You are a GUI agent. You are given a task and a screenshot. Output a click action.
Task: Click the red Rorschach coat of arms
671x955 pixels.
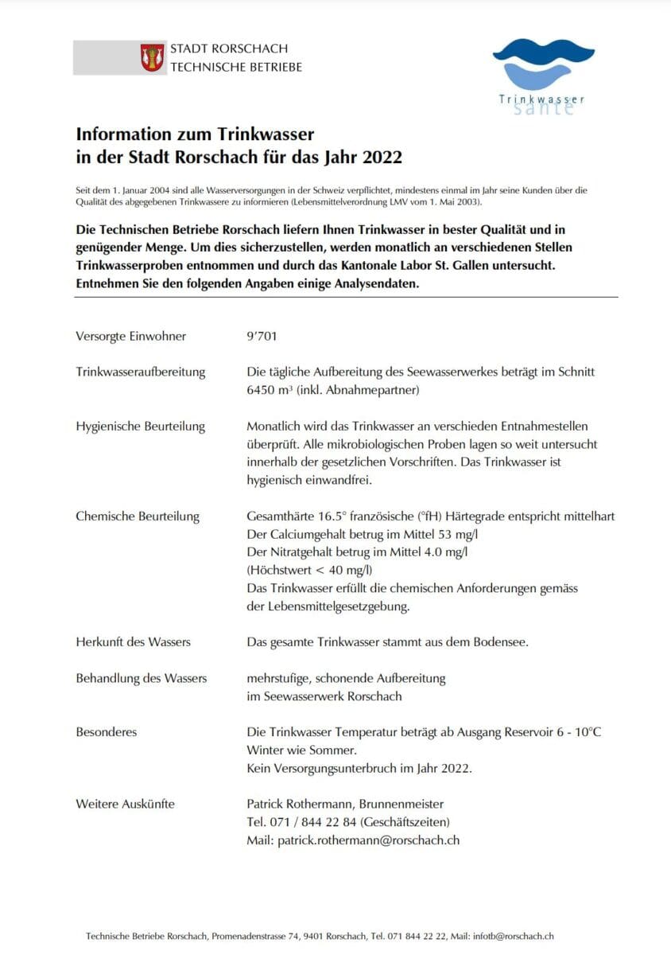point(153,57)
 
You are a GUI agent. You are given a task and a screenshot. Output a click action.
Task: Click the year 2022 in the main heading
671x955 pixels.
point(382,158)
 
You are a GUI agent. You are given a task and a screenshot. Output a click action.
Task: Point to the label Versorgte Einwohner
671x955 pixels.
point(131,336)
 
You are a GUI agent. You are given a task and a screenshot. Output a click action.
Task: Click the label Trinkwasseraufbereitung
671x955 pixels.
point(141,372)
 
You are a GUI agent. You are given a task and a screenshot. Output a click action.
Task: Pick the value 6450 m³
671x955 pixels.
point(270,391)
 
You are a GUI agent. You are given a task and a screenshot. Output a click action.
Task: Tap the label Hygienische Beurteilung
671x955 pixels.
point(141,426)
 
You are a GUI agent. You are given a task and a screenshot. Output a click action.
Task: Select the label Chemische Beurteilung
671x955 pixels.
point(138,516)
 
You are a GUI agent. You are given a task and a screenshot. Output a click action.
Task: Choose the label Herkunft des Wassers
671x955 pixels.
point(134,641)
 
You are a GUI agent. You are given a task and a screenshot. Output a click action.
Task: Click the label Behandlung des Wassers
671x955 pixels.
point(142,678)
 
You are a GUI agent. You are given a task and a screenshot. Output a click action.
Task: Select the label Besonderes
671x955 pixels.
point(107,731)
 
